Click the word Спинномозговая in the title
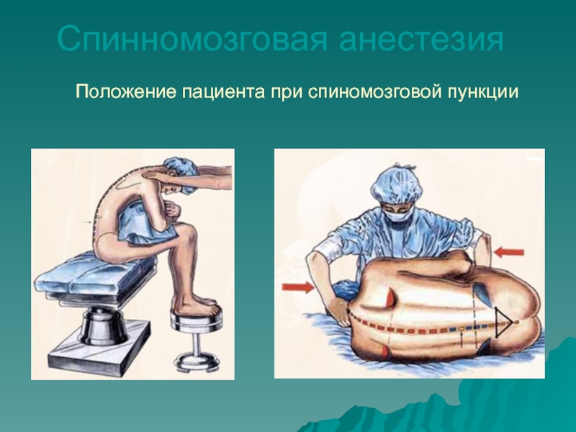(192, 39)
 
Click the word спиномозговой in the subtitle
(374, 92)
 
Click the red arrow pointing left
(509, 253)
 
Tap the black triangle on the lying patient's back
(503, 323)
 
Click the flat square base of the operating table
(99, 344)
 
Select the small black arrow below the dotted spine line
(461, 338)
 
